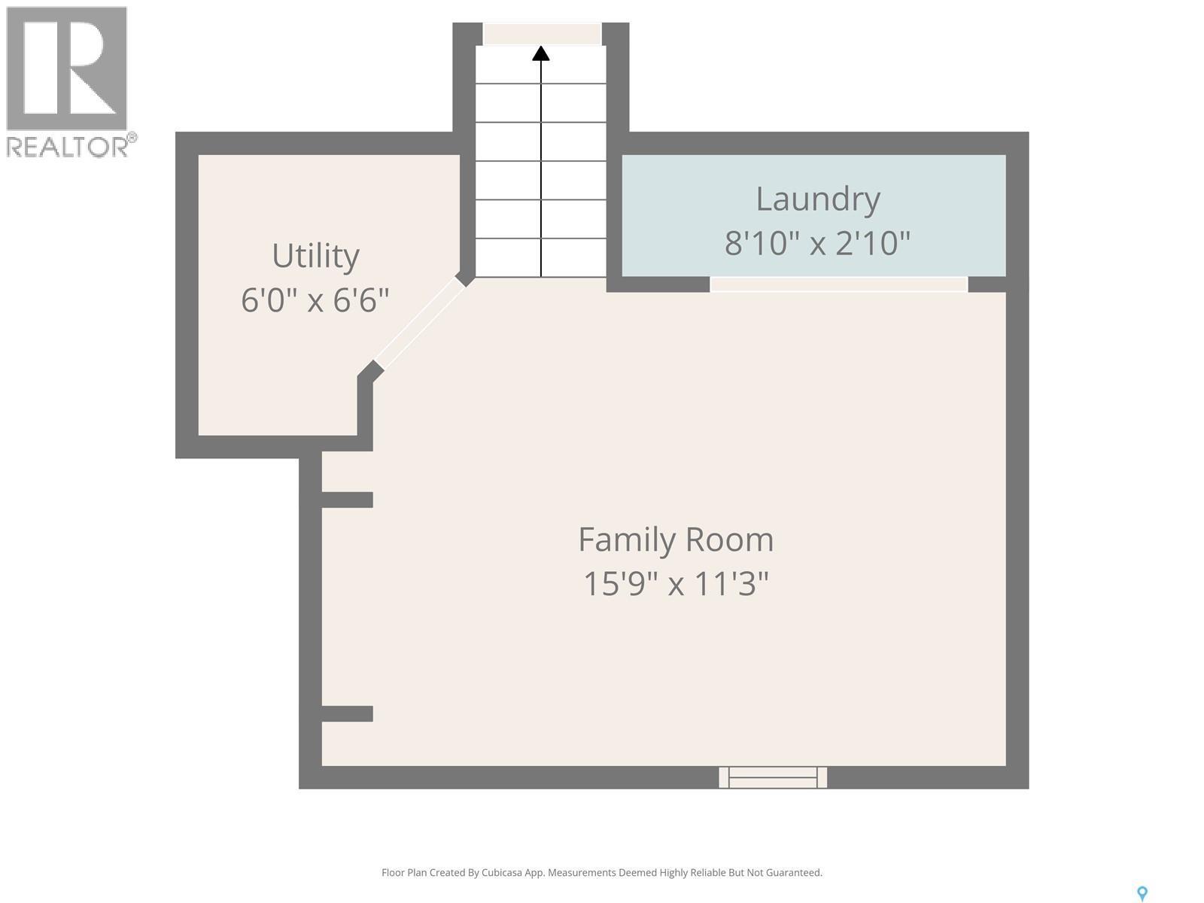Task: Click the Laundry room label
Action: click(817, 200)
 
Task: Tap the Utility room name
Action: click(315, 256)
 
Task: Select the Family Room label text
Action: click(676, 540)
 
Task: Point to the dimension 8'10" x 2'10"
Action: click(817, 243)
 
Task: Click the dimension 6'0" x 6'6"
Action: click(315, 300)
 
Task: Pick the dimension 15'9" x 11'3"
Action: click(676, 583)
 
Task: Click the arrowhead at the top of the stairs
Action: click(541, 53)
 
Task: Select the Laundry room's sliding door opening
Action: click(839, 284)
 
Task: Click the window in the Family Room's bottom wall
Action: click(773, 777)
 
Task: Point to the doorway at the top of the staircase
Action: click(542, 33)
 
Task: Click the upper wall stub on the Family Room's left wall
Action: click(347, 500)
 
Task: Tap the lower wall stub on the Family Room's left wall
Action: click(347, 713)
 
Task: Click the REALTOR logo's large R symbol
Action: click(66, 68)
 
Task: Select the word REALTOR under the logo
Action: click(68, 146)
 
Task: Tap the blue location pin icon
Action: click(1142, 894)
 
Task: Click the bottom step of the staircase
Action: click(541, 257)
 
